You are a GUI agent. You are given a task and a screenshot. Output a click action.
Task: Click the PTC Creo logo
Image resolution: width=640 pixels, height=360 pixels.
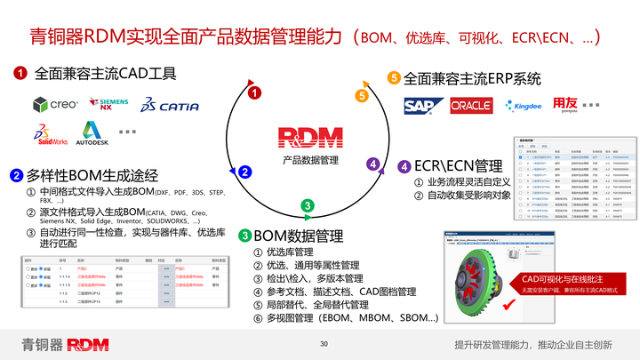pyautogui.click(x=55, y=105)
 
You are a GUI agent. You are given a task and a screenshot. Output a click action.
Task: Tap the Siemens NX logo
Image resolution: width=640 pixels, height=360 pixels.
pyautogui.click(x=114, y=104)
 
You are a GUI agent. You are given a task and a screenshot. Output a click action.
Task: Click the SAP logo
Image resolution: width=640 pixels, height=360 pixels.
pyautogui.click(x=419, y=106)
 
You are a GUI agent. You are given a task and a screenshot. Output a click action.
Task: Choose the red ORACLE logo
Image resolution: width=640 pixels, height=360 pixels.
pyautogui.click(x=471, y=106)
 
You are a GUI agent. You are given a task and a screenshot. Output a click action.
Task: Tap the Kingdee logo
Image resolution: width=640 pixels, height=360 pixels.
pyautogui.click(x=524, y=106)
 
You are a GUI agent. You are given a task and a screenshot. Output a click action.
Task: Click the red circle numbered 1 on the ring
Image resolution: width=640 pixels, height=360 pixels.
pyautogui.click(x=254, y=92)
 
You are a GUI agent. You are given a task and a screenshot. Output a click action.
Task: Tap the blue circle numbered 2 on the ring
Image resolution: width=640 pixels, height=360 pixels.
pyautogui.click(x=246, y=172)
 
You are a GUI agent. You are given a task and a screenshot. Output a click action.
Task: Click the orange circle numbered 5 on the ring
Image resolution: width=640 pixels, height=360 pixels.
pyautogui.click(x=361, y=95)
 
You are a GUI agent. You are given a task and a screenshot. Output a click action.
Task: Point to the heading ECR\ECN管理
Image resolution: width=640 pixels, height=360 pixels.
pyautogui.click(x=458, y=166)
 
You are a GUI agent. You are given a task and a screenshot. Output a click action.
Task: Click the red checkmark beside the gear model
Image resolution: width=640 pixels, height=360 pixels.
pyautogui.click(x=510, y=306)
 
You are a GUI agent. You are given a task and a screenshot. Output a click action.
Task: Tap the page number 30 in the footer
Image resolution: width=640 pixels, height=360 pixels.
pyautogui.click(x=324, y=344)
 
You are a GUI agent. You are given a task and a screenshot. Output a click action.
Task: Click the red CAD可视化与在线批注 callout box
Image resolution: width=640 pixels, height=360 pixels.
pyautogui.click(x=561, y=284)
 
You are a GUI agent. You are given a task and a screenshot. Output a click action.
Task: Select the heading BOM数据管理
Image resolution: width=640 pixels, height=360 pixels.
pyautogui.click(x=298, y=236)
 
